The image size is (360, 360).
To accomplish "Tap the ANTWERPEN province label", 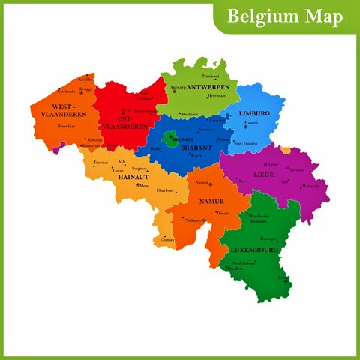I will [x=208, y=88].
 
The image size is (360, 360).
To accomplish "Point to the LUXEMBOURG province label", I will [x=254, y=249].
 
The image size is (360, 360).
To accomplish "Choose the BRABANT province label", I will [x=196, y=148].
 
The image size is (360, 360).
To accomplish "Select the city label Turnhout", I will [x=211, y=76].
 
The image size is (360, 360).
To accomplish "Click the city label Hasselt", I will [x=251, y=122].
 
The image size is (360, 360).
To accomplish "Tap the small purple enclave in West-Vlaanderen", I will [x=55, y=148].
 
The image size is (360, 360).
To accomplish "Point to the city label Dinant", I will [x=222, y=214].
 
